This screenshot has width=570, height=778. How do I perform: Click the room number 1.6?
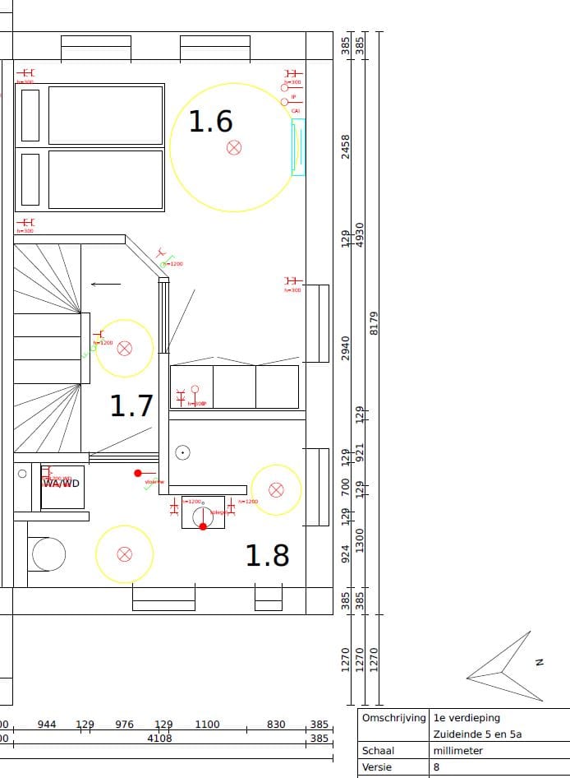[211, 122]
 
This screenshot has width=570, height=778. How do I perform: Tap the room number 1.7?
[131, 405]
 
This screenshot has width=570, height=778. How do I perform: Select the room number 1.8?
[268, 556]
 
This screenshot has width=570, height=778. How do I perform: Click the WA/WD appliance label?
[62, 483]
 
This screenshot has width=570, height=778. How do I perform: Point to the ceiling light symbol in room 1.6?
[234, 148]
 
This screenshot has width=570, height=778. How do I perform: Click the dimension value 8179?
[375, 323]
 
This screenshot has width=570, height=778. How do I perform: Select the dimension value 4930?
[359, 234]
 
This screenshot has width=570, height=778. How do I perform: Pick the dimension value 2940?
[346, 348]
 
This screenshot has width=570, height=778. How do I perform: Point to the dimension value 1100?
[207, 725]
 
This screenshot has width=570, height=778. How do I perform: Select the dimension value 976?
[124, 725]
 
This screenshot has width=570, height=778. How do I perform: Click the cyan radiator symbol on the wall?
[298, 147]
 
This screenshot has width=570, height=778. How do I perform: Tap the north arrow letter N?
[540, 661]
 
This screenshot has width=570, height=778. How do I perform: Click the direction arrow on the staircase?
[105, 285]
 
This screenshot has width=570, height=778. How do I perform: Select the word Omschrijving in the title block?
[393, 718]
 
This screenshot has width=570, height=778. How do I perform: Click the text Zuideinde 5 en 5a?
[478, 734]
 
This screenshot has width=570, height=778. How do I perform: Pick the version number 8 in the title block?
[437, 767]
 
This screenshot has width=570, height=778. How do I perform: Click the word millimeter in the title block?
[458, 751]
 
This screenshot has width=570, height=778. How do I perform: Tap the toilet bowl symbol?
[48, 554]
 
